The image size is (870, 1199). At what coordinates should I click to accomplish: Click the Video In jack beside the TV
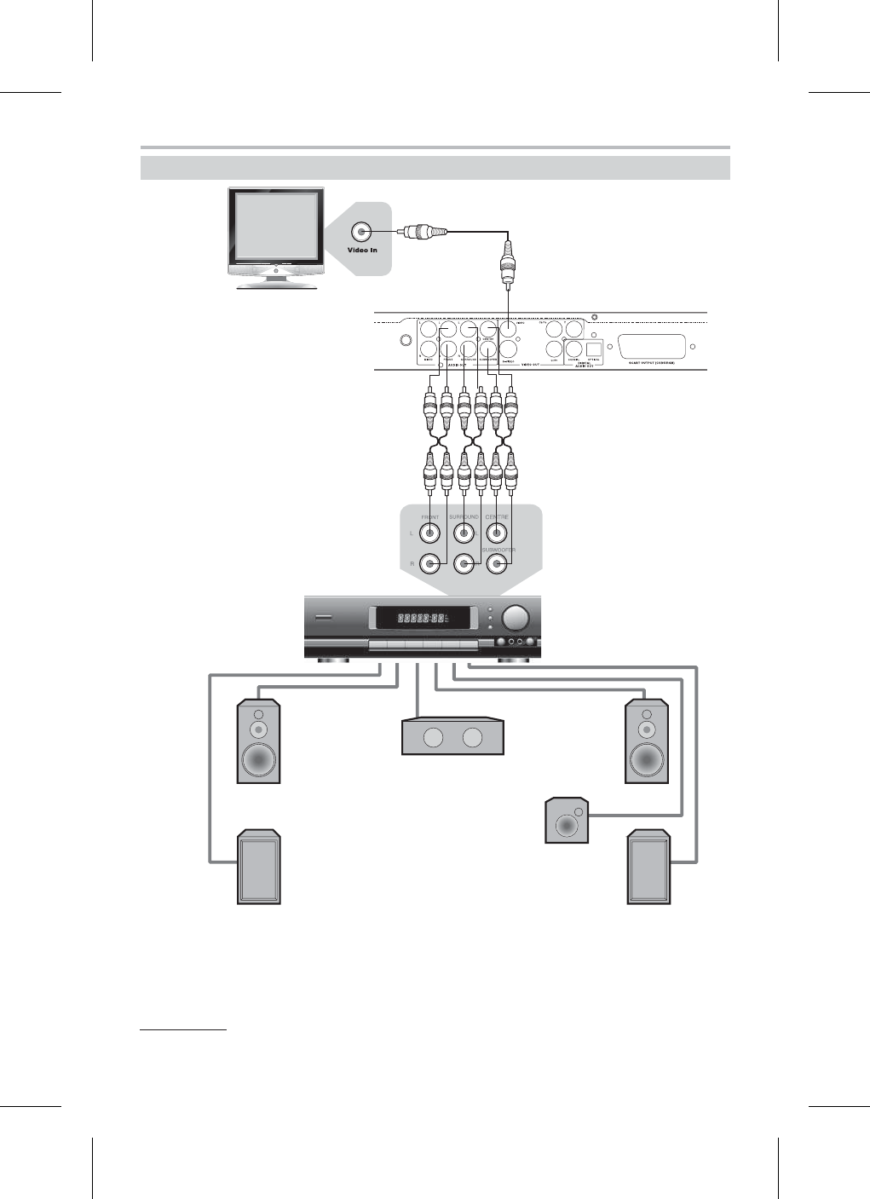click(361, 231)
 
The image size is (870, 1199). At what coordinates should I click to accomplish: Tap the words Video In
click(362, 251)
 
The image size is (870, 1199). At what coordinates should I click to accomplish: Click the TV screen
click(274, 226)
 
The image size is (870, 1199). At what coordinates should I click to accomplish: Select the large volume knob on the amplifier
click(515, 618)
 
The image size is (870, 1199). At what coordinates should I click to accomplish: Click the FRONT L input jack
click(431, 533)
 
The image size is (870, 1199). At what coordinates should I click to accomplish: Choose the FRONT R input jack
click(431, 563)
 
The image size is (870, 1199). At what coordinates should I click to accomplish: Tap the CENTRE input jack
click(497, 533)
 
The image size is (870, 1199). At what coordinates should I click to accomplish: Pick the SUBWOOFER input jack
click(498, 563)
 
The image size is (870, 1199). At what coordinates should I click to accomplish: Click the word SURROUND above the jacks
click(464, 517)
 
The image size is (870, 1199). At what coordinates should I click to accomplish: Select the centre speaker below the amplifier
click(452, 736)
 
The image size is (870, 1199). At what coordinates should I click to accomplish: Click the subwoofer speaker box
click(567, 821)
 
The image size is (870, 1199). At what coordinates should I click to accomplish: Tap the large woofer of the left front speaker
click(258, 758)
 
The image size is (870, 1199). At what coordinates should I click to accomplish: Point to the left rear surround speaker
click(258, 866)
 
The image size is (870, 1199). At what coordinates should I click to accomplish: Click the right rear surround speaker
click(648, 866)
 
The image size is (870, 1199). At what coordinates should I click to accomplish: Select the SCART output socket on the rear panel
click(652, 347)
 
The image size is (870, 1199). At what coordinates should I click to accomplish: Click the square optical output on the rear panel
click(594, 348)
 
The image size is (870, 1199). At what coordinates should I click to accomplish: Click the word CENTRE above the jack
click(497, 517)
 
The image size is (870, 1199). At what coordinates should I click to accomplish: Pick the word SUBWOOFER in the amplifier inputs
click(498, 551)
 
